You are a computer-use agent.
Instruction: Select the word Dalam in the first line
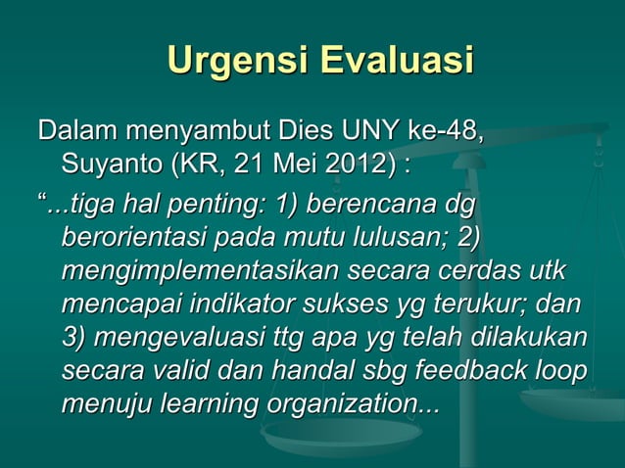click(x=77, y=130)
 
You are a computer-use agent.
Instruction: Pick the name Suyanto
click(x=112, y=161)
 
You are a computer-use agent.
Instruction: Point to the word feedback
click(x=475, y=370)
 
